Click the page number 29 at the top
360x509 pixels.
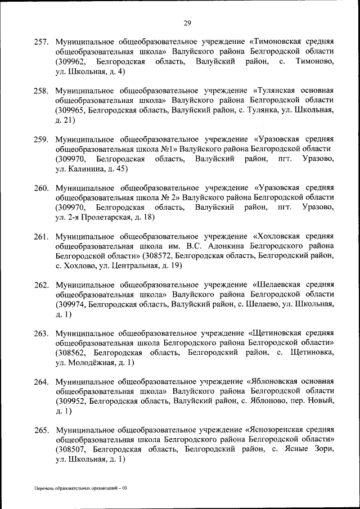point(187,23)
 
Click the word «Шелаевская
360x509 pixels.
point(277,285)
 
